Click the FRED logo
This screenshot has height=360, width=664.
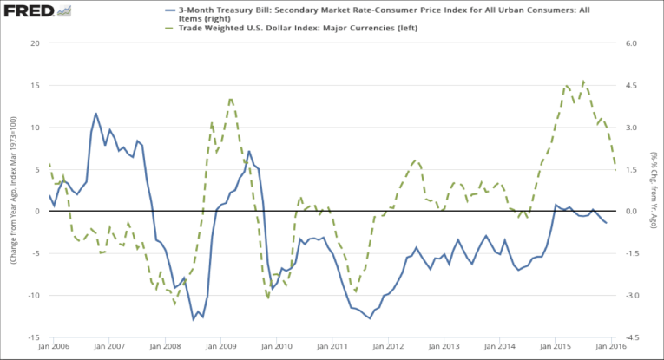tap(29, 11)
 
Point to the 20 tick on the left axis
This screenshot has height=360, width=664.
tap(35, 43)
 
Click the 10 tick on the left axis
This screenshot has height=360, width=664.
tap(35, 128)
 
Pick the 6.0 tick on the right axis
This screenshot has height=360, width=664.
tap(631, 43)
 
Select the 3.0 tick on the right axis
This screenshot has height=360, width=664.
tap(631, 128)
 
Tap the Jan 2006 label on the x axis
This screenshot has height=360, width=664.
tap(53, 347)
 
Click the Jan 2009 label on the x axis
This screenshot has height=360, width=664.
tap(221, 347)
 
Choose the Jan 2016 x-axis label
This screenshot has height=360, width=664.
tap(611, 347)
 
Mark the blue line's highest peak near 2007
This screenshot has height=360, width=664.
tap(96, 114)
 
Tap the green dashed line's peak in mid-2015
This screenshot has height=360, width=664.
tap(582, 82)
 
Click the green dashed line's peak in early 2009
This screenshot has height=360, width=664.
tap(230, 99)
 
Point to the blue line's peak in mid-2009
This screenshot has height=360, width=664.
tap(249, 152)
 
